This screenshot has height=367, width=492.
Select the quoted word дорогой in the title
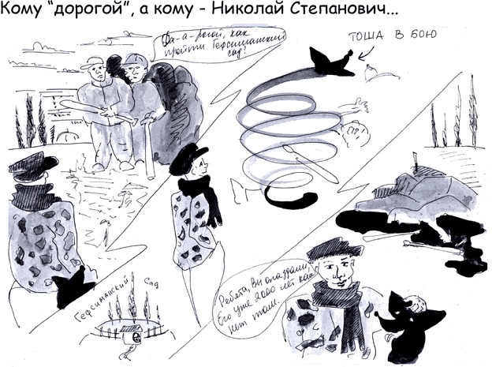click(x=100, y=13)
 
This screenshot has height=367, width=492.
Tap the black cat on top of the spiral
click(x=330, y=62)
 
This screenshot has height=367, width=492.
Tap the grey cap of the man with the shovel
click(x=134, y=59)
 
